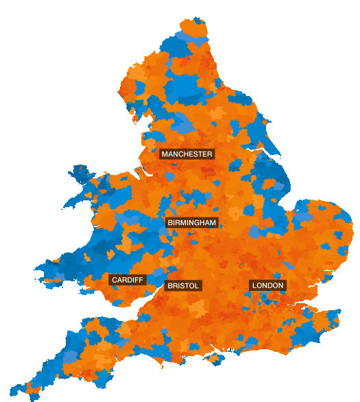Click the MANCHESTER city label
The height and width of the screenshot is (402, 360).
(x=187, y=154)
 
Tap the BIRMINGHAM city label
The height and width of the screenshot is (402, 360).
(x=192, y=222)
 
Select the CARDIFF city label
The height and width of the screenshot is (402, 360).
(x=127, y=280)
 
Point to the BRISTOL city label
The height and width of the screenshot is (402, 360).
(x=182, y=285)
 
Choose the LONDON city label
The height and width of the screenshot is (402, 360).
(x=267, y=285)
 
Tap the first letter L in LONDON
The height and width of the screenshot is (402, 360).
(x=254, y=285)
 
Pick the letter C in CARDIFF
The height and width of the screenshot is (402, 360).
(x=115, y=280)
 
